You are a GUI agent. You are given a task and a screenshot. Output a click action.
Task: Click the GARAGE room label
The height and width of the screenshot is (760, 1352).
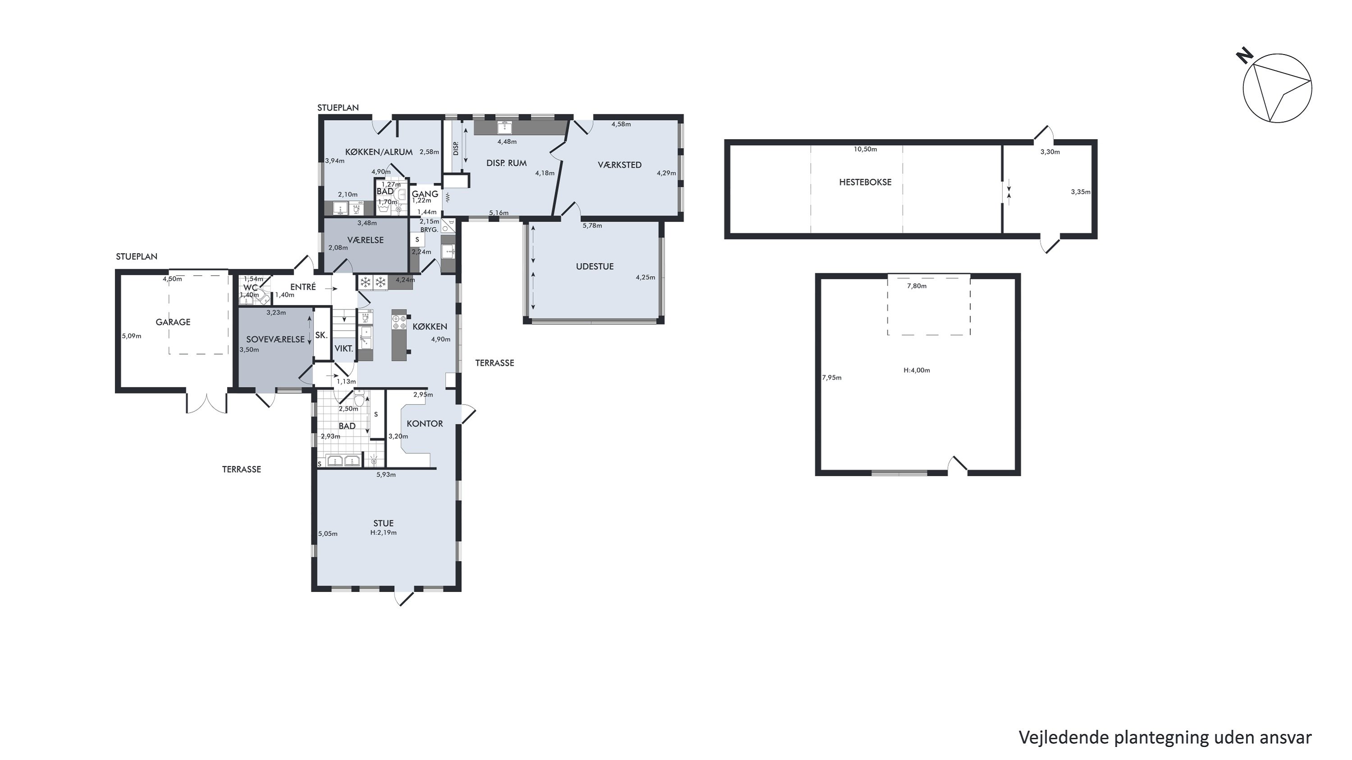173,322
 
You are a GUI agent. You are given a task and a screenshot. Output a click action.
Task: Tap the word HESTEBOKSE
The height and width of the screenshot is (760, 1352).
865,182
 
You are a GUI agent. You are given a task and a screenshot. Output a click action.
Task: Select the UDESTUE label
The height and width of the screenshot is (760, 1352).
594,266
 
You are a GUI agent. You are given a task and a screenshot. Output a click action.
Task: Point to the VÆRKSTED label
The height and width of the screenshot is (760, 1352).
619,165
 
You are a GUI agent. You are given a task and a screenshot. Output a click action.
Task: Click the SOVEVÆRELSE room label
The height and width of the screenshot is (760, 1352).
275,339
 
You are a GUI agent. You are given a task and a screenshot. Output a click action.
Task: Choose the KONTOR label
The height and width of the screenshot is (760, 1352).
425,424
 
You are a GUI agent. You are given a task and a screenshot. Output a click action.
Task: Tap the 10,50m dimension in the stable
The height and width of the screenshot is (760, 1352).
865,149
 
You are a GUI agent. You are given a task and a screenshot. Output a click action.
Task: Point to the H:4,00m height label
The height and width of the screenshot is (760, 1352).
916,370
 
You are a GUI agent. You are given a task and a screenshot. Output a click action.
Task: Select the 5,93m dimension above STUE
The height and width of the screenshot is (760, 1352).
386,475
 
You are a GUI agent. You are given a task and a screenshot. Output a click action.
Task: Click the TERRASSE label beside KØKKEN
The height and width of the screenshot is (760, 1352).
494,363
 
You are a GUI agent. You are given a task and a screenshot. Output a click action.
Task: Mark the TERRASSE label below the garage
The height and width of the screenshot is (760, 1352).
242,469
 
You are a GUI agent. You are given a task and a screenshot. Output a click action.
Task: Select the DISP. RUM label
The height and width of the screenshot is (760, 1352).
507,163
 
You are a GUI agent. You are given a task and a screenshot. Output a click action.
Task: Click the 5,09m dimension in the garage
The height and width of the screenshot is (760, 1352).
131,336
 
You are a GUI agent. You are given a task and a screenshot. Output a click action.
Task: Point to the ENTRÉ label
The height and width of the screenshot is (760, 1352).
303,287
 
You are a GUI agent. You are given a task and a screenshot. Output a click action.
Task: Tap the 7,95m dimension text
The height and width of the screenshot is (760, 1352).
831,378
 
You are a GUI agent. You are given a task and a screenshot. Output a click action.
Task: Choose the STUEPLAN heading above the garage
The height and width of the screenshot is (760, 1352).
137,256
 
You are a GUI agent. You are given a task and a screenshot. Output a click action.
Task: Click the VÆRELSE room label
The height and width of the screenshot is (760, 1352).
365,240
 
